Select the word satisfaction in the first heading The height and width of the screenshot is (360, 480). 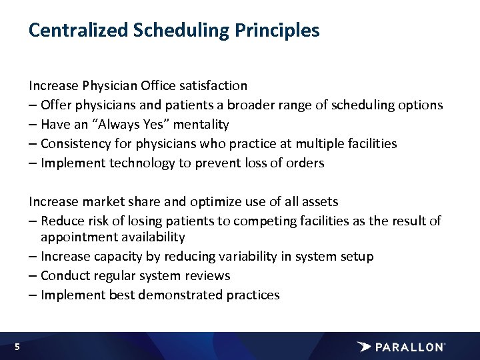[213, 85]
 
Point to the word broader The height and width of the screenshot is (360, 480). [249, 105]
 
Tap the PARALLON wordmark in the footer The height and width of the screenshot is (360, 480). [409, 347]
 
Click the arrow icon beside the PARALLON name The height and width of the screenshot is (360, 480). [364, 347]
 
